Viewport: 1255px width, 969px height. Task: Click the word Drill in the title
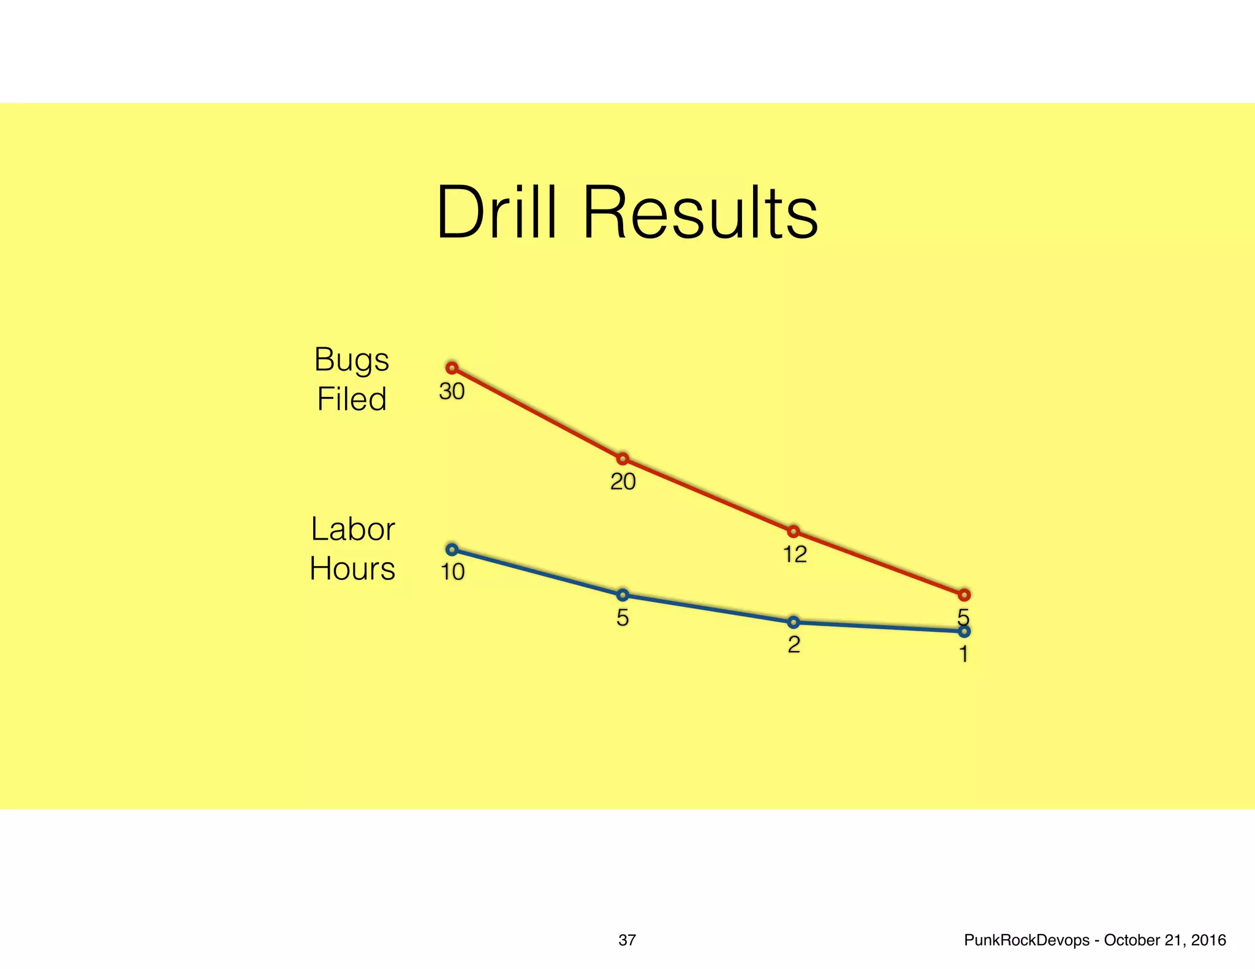(x=497, y=213)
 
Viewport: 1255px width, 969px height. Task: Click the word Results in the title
(x=700, y=213)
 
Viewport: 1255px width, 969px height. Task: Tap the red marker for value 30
(x=452, y=368)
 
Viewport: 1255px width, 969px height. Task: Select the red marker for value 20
(x=623, y=459)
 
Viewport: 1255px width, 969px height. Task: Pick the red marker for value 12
(x=793, y=531)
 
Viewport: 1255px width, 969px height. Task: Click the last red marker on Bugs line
(x=964, y=595)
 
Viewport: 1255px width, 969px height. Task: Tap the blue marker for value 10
(x=452, y=549)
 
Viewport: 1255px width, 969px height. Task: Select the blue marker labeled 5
(x=623, y=595)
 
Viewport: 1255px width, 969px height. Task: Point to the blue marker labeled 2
(x=793, y=622)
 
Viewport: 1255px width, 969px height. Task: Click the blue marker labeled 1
(x=964, y=632)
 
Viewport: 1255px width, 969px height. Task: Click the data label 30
(x=452, y=392)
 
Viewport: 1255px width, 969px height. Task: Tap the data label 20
(x=623, y=482)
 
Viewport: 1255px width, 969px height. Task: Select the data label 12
(x=795, y=555)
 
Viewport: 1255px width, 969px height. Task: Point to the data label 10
(x=453, y=572)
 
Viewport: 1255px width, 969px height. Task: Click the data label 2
(x=794, y=645)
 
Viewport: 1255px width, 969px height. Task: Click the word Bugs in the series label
(x=351, y=360)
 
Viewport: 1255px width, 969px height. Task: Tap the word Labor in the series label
(x=352, y=529)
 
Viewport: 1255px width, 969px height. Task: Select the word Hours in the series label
(x=352, y=568)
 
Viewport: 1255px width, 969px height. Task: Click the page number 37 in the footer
(x=627, y=940)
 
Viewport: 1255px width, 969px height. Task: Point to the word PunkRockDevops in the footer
(x=1026, y=940)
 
